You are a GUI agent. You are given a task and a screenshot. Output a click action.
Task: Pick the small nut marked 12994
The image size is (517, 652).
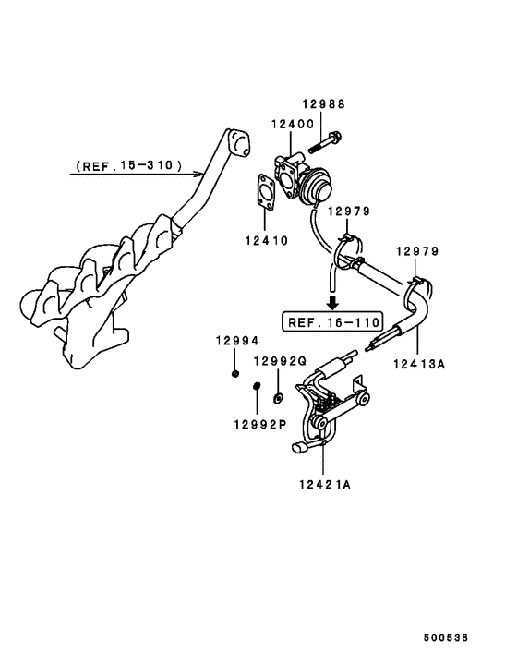pyautogui.click(x=236, y=374)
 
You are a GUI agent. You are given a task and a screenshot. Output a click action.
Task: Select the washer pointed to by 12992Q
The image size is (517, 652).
pyautogui.click(x=278, y=398)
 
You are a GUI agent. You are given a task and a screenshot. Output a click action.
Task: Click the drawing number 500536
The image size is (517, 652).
pyautogui.click(x=471, y=638)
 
